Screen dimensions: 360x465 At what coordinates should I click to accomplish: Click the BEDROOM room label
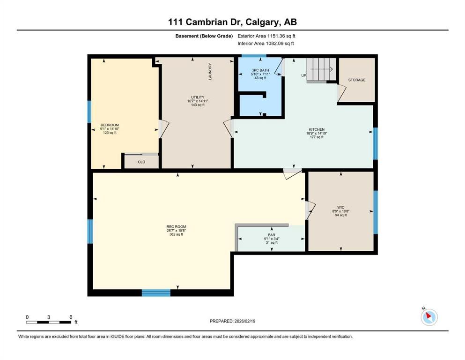(x=110, y=125)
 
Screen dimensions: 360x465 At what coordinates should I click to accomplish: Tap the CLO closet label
(x=141, y=162)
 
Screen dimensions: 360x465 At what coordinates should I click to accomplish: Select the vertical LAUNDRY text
(x=210, y=71)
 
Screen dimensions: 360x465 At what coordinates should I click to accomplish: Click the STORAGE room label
(x=357, y=80)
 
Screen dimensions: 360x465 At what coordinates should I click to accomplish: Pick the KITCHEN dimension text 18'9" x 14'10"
(x=317, y=133)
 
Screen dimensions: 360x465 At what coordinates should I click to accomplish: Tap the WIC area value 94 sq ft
(x=341, y=215)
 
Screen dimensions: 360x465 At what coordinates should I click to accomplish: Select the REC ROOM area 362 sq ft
(x=176, y=234)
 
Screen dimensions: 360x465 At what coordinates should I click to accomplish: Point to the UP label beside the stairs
(x=303, y=75)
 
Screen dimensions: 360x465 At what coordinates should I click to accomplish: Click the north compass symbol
(x=428, y=317)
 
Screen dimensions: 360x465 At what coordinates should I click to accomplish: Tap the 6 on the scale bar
(x=70, y=317)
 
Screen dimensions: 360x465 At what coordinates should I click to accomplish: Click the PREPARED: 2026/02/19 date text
(x=232, y=321)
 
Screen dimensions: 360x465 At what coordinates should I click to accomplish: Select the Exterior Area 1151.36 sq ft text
(x=266, y=36)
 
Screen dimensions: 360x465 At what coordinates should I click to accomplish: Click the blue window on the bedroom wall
(x=89, y=112)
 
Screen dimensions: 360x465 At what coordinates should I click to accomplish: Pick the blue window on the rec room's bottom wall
(x=156, y=293)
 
